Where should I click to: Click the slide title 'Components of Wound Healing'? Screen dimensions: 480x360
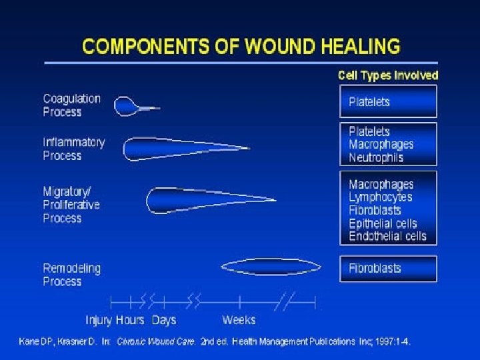[x=241, y=47]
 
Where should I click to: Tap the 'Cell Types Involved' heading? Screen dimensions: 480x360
[x=388, y=75]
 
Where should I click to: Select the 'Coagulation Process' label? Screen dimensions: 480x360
[x=72, y=105]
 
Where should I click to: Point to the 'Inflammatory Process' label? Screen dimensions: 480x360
[x=73, y=149]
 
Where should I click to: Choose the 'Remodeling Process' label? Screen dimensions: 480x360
[x=72, y=275]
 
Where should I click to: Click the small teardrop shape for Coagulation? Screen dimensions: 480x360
[x=127, y=107]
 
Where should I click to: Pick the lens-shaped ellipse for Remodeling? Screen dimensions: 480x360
[x=270, y=267]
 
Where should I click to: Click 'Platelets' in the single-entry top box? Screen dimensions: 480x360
[x=369, y=102]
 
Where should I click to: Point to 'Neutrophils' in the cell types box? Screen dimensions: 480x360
[x=376, y=158]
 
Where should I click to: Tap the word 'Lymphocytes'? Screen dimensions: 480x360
[x=381, y=197]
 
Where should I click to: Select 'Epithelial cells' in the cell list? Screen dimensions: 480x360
[x=383, y=223]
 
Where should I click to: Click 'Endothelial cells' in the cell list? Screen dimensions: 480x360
[x=387, y=236]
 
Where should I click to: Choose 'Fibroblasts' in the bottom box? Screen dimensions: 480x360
[x=375, y=268]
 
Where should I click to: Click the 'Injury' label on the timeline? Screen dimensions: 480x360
[x=99, y=320]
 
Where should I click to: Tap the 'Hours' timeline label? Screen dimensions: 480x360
[x=130, y=320]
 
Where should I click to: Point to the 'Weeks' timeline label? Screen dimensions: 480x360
[x=239, y=320]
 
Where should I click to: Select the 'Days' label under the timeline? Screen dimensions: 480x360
[x=164, y=320]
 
